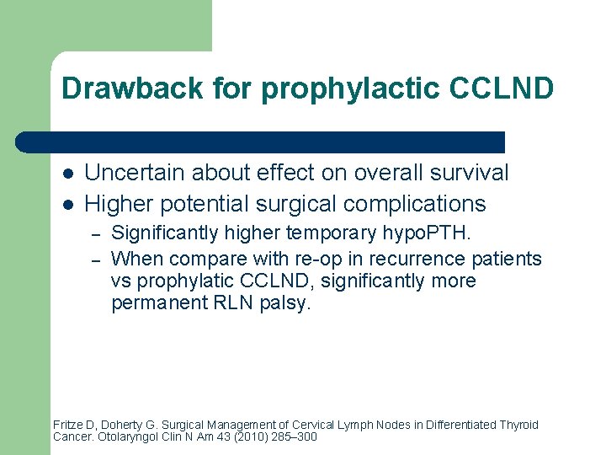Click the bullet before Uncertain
[x=66, y=174]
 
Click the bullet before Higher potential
[x=66, y=204]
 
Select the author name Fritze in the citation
[x=68, y=425]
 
